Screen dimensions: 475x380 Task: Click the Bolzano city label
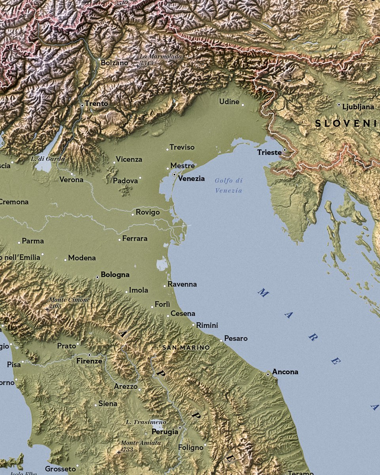point(114,63)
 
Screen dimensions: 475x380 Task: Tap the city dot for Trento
point(82,105)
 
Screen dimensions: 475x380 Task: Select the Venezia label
point(191,179)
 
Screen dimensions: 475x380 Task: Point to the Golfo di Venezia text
point(228,185)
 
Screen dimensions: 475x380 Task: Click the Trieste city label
point(269,152)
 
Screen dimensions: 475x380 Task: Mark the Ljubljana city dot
point(339,105)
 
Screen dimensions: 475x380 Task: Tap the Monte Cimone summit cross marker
point(47,309)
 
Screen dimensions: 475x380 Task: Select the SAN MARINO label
point(186,348)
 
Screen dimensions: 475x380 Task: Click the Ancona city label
point(285,372)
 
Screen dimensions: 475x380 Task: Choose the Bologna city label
point(115,274)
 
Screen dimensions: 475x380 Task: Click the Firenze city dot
point(89,355)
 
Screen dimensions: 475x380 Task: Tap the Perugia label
point(165,432)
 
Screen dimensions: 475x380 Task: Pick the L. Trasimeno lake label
point(146,422)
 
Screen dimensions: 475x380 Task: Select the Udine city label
point(229,102)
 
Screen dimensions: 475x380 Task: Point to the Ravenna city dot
point(165,286)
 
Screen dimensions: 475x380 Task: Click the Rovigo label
point(148,212)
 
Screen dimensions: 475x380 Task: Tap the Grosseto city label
point(60,469)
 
